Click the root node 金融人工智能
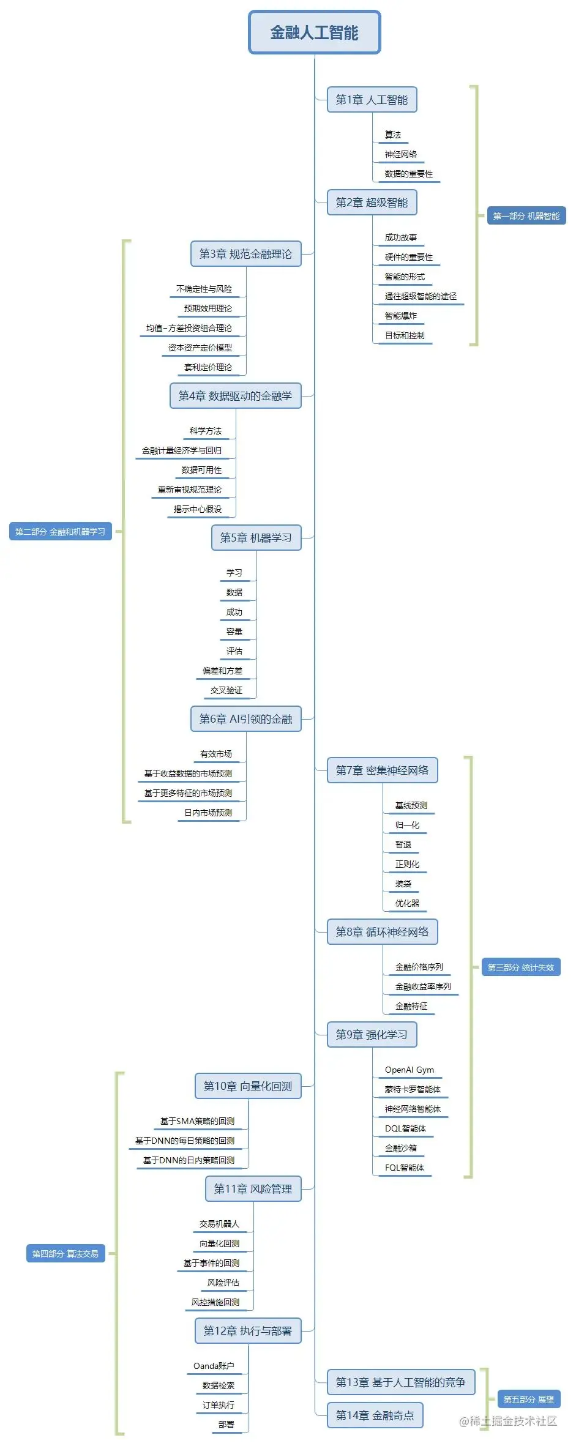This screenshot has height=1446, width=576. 314,32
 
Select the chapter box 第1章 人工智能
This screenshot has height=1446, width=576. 372,100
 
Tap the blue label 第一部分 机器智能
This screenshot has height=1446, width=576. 526,216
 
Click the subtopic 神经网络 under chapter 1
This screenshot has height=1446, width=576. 400,154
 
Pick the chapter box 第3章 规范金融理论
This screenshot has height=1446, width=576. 245,254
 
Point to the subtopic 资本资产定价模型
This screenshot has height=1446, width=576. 200,348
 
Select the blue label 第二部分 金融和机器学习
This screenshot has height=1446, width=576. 60,532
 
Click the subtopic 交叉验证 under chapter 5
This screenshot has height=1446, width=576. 226,690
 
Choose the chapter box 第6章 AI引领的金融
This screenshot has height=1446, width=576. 245,719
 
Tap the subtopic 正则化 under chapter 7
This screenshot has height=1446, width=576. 407,864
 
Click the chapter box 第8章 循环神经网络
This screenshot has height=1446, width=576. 382,932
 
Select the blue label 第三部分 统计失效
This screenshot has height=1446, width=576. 520,967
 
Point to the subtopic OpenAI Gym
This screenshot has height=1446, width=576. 409,1070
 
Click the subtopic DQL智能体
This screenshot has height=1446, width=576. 405,1128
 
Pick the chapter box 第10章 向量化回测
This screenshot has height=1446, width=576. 247,1086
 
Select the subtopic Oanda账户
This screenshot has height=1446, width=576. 214,1366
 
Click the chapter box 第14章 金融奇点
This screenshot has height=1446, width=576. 375,1415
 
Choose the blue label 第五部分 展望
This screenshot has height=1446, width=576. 528,1399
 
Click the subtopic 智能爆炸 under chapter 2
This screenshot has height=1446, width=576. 400,316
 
